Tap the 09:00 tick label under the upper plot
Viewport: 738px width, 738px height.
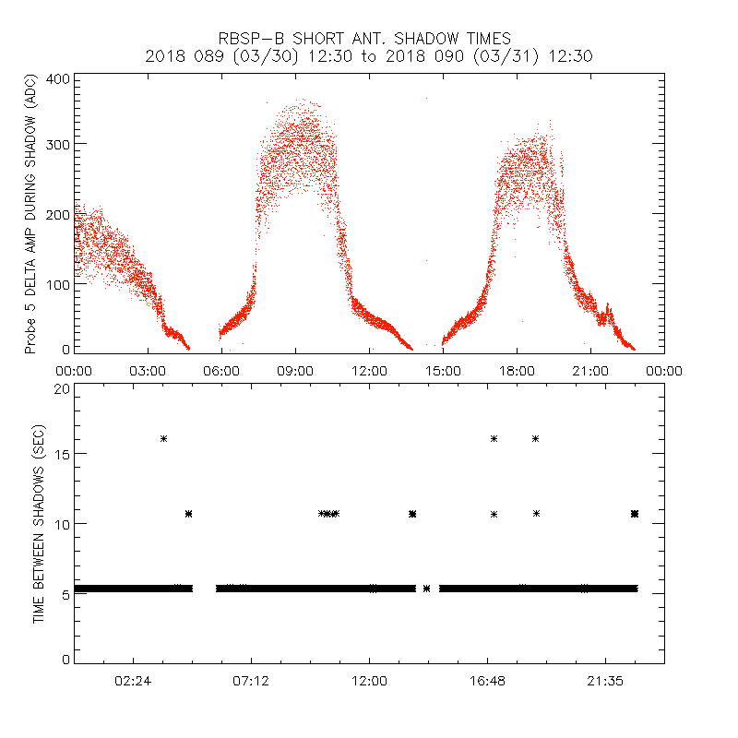click(x=295, y=371)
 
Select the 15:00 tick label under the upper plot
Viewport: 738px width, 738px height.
click(x=443, y=371)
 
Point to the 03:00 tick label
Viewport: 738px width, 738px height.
click(x=148, y=371)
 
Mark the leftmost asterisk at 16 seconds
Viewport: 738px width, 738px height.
click(x=164, y=438)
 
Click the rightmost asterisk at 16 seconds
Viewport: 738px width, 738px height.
click(x=536, y=438)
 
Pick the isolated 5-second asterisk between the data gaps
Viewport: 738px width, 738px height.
click(x=426, y=588)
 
